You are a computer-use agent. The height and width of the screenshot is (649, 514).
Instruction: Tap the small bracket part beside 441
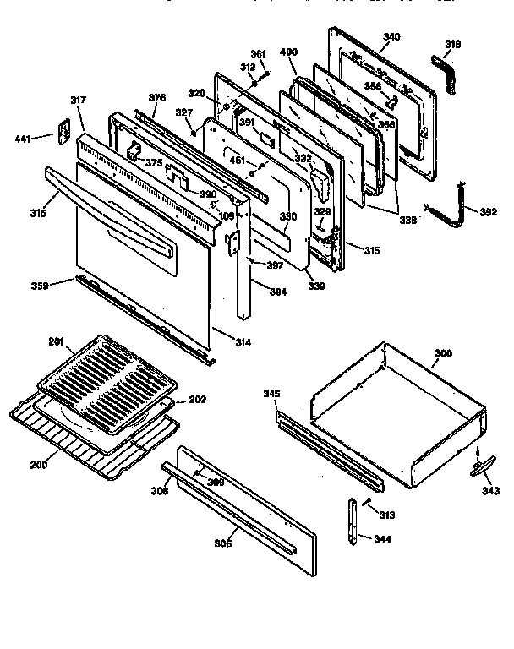pyautogui.click(x=62, y=132)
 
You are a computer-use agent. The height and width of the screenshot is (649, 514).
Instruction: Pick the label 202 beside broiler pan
pyautogui.click(x=196, y=400)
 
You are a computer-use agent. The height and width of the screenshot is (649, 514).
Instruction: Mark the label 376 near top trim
pyautogui.click(x=156, y=98)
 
